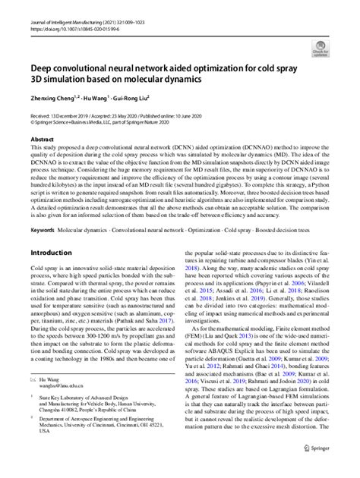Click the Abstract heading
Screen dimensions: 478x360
(x=42, y=140)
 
